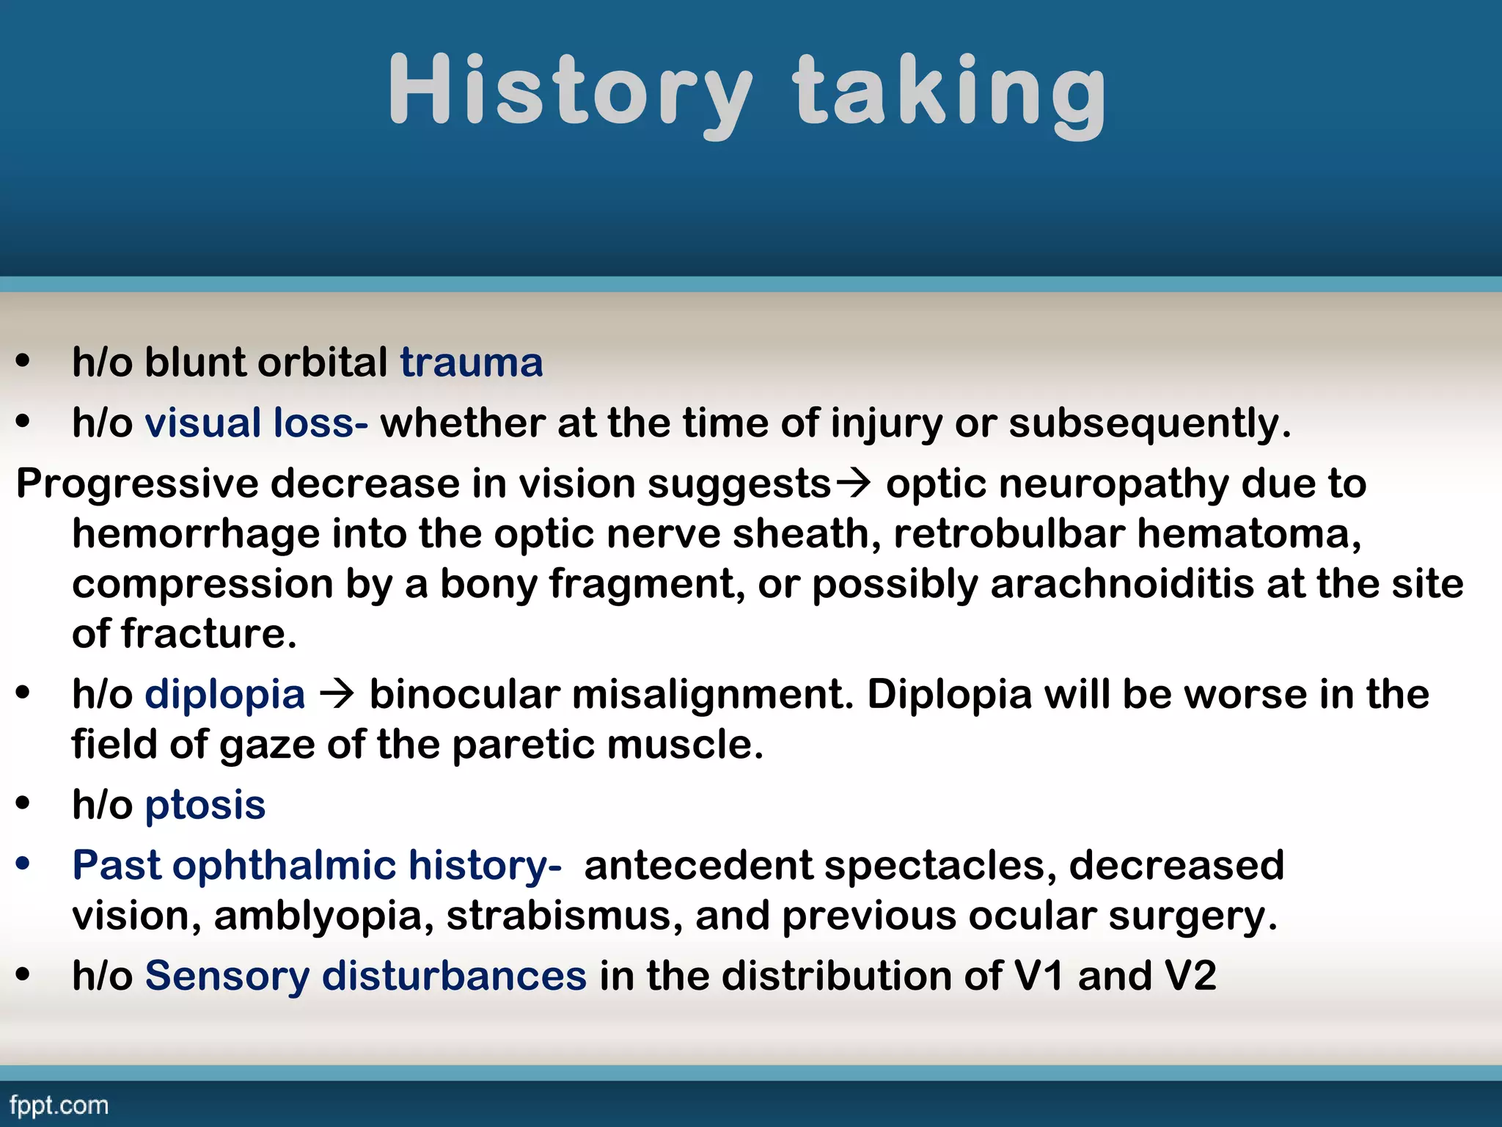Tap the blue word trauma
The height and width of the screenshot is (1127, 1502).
tap(472, 362)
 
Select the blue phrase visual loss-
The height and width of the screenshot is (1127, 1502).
tap(256, 423)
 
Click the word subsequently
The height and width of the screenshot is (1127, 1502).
tap(1149, 423)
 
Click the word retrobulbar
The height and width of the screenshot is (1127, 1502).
tap(1008, 533)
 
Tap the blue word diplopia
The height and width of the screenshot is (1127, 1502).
tap(224, 694)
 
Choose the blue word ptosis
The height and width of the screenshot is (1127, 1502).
tap(205, 806)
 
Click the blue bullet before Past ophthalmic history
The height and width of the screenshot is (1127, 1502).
tap(23, 864)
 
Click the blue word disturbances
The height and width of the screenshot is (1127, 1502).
tap(454, 977)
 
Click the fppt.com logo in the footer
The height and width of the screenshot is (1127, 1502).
tap(59, 1105)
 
